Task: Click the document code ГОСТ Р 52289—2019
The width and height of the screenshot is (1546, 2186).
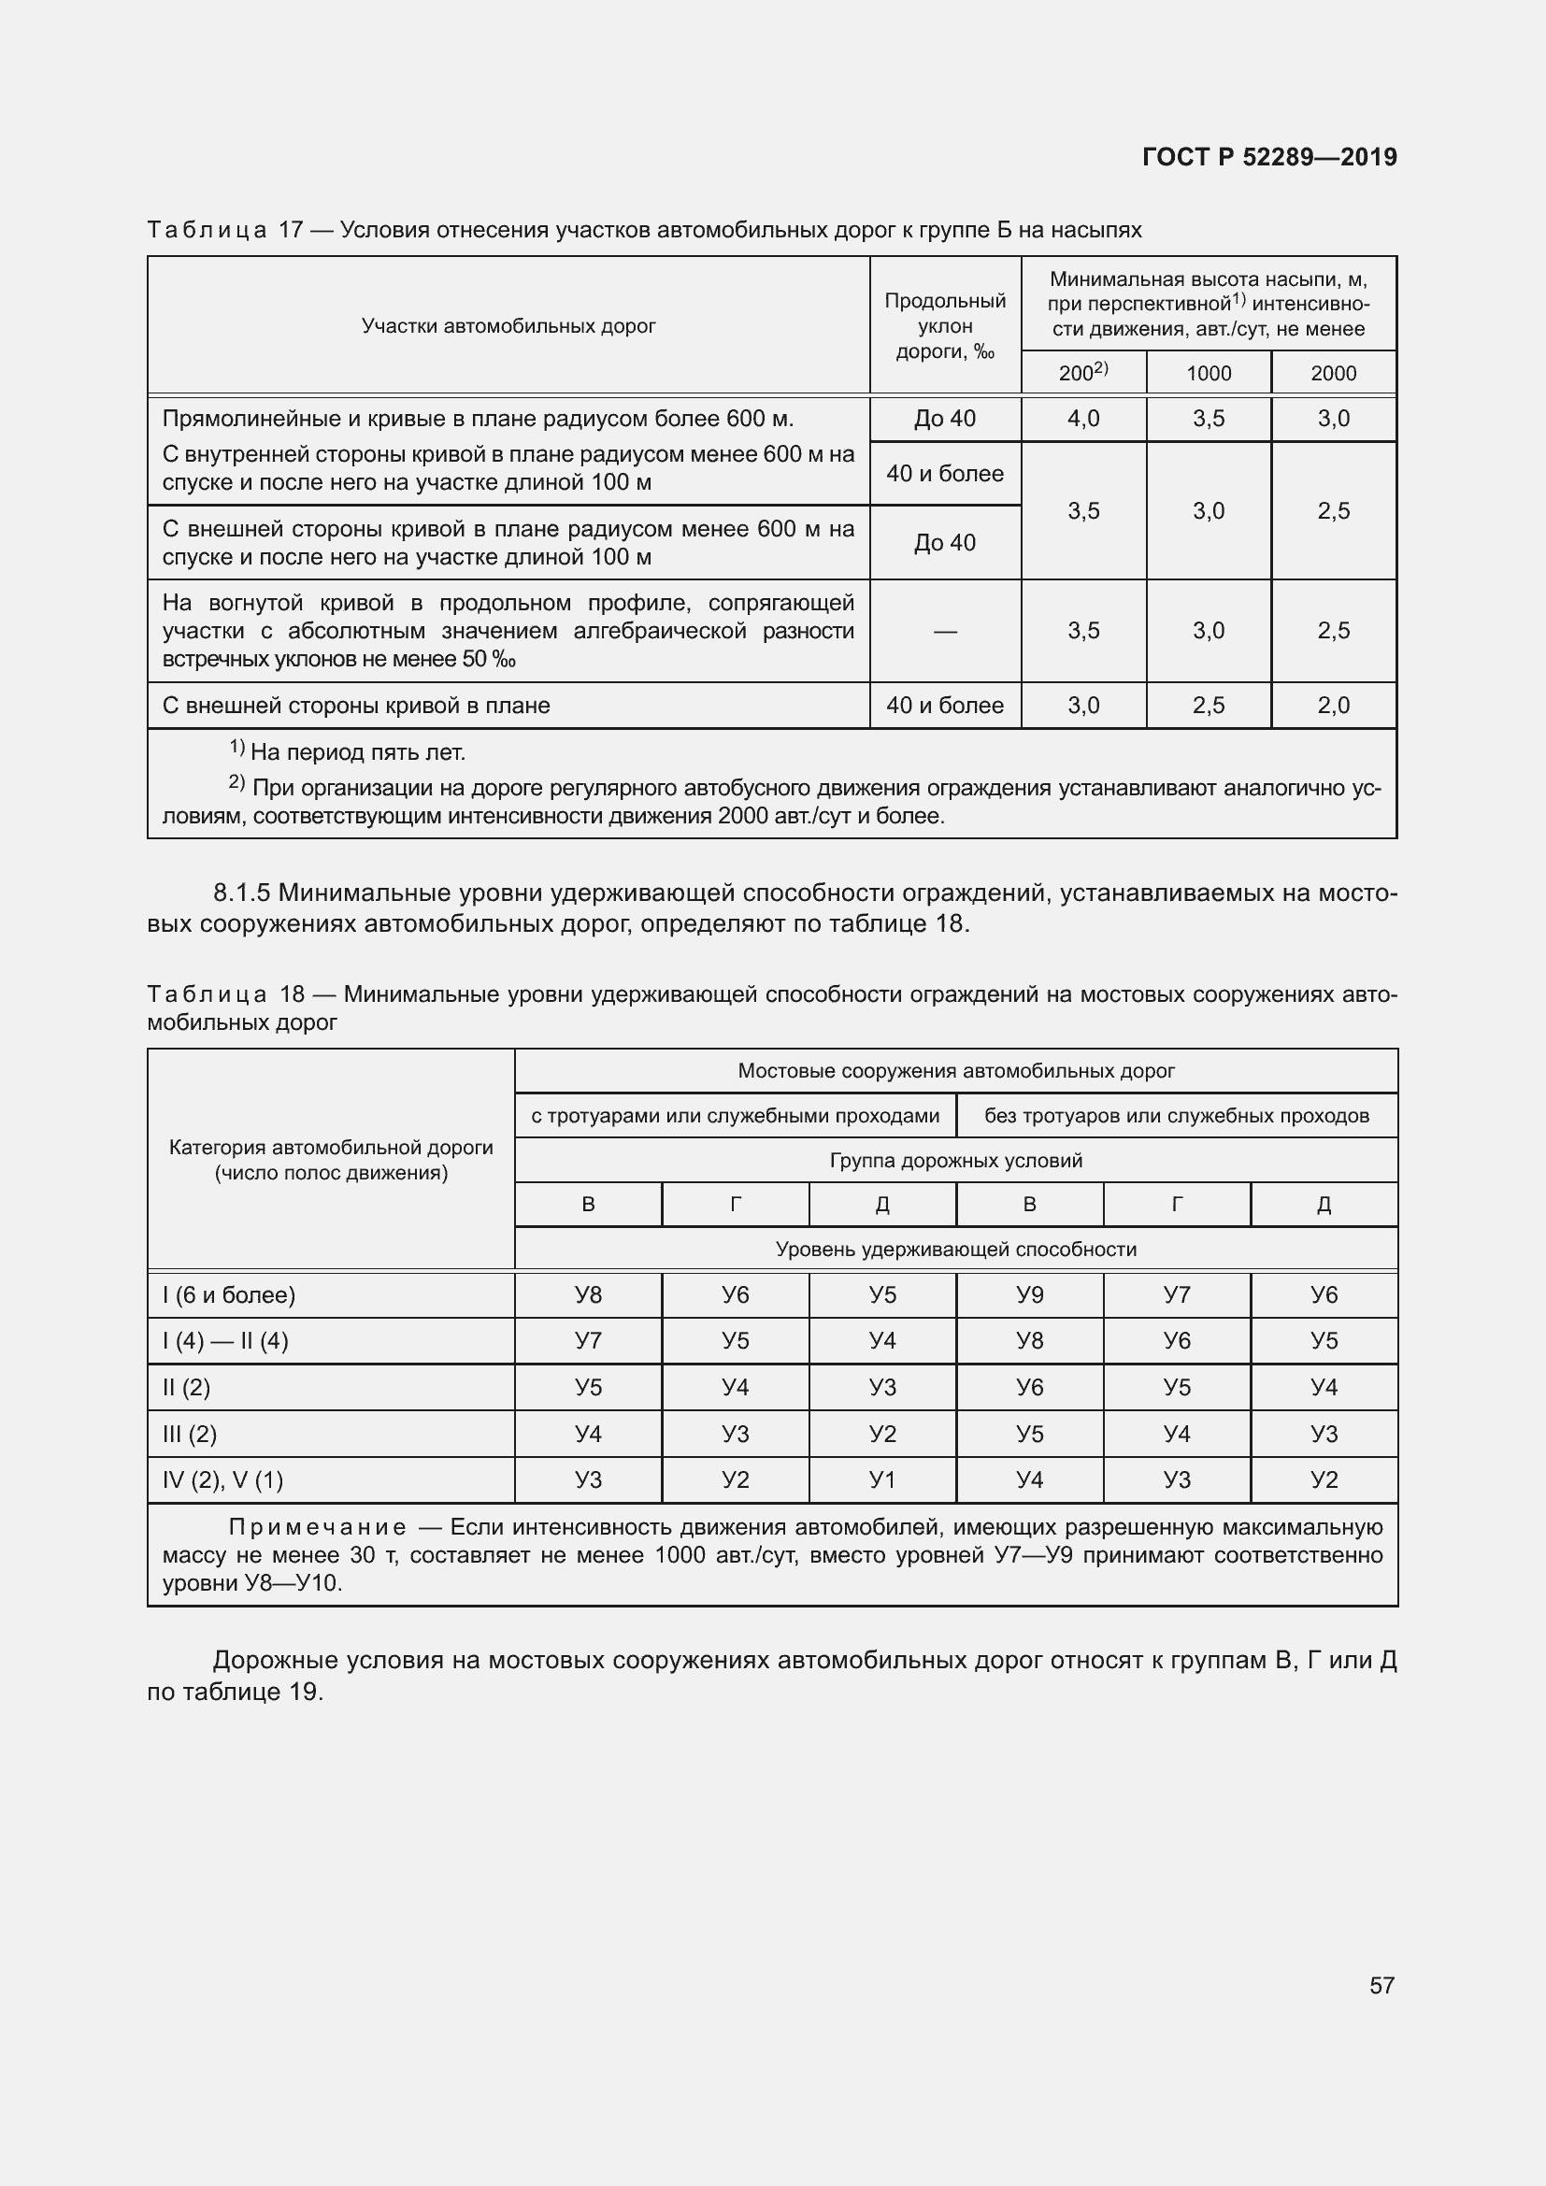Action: (1269, 157)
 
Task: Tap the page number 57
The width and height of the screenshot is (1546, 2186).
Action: (1381, 1985)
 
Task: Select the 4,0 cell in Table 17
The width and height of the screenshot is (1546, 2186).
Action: (1083, 419)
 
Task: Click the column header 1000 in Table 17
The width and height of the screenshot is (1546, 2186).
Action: (1208, 373)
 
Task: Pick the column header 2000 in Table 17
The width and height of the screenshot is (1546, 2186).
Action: (1333, 373)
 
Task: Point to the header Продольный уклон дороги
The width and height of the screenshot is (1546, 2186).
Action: (944, 325)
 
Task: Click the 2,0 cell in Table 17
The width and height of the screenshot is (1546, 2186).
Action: (1333, 706)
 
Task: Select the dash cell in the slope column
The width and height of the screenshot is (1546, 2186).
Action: (944, 631)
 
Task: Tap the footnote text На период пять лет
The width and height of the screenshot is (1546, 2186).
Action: (357, 752)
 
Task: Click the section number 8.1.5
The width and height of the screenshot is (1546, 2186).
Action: (242, 893)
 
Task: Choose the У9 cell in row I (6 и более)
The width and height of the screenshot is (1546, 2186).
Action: (1029, 1294)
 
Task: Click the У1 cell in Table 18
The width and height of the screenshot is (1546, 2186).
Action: (882, 1479)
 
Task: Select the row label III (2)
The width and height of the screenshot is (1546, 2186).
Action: (190, 1434)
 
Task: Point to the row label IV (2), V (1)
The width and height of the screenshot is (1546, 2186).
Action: (222, 1479)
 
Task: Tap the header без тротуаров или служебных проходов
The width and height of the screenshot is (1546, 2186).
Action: (1176, 1116)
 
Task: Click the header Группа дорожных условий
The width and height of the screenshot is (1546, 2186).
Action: (956, 1161)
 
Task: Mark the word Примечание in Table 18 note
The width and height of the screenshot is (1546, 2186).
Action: (318, 1527)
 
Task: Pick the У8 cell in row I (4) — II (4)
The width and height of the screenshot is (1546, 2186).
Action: (1029, 1340)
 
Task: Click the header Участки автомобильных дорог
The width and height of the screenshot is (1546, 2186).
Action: (508, 325)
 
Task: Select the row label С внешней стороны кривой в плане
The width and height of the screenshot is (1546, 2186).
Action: (356, 706)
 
